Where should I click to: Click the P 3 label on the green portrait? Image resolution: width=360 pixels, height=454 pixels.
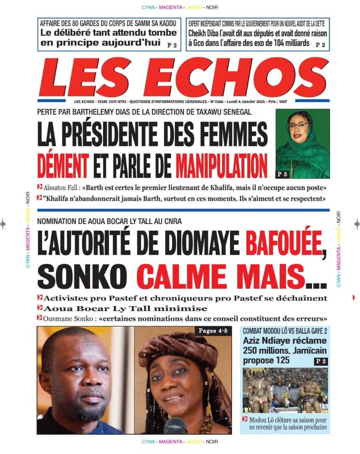pos(282,174)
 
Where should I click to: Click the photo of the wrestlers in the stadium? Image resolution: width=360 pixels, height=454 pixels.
pos(285,390)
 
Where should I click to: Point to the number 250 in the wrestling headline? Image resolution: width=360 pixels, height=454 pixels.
pos(252,350)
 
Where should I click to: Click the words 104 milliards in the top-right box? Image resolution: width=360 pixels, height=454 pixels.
pos(287,43)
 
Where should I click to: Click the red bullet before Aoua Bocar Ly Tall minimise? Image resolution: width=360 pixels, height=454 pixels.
pos(40,308)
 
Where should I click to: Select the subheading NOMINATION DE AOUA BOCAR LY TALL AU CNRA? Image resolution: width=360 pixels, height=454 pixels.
pos(109,222)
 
